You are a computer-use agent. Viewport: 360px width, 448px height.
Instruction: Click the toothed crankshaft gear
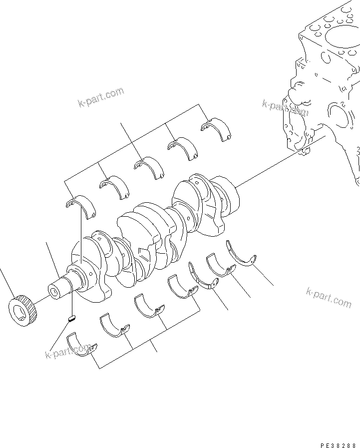(x=24, y=311)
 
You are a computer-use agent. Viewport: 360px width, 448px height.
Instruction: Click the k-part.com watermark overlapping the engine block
(x=285, y=108)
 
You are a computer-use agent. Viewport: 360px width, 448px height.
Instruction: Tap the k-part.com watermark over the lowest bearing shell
(x=69, y=351)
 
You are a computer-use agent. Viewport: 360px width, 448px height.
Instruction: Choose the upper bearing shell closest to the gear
(x=81, y=206)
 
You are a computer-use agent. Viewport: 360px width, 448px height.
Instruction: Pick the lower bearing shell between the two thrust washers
(x=220, y=264)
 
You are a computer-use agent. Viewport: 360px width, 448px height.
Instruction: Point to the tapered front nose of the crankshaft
(x=60, y=288)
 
